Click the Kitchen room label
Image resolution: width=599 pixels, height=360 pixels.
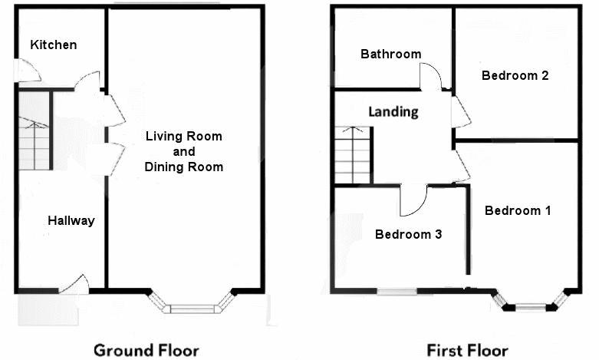tap(54, 45)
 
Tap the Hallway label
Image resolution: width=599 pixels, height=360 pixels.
tap(71, 220)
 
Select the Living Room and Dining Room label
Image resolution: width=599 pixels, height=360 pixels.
tap(184, 151)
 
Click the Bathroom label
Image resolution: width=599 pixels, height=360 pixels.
tap(391, 54)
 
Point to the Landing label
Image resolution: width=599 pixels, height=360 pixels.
tap(393, 111)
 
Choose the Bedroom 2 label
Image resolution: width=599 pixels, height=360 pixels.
tap(515, 75)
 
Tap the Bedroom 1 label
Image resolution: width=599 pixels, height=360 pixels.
tap(518, 210)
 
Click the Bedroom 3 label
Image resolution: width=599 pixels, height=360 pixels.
tap(408, 234)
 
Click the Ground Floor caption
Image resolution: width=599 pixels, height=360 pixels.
tap(146, 351)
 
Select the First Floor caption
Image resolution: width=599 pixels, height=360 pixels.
tap(467, 351)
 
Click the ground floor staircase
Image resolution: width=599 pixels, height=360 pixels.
tap(35, 130)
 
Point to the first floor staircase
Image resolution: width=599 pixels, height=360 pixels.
tap(353, 155)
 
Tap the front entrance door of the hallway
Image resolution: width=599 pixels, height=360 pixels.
tap(74, 284)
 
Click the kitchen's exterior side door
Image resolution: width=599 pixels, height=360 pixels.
tap(28, 71)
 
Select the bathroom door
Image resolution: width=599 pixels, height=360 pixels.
tap(431, 77)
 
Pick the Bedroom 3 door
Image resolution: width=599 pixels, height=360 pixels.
tap(413, 201)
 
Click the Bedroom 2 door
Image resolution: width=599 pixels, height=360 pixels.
tap(461, 111)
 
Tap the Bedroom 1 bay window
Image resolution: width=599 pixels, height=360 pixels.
tap(532, 301)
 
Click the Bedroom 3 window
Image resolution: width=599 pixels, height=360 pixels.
tap(397, 292)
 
